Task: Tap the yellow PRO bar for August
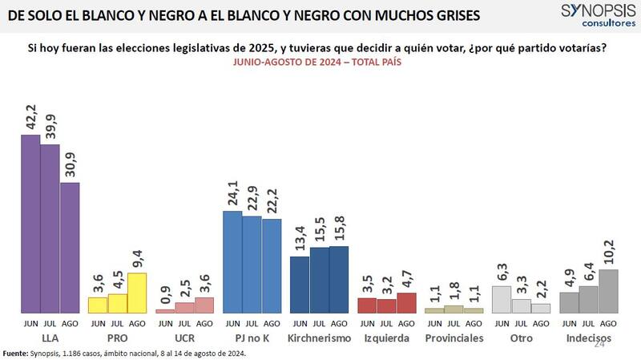pos(137,293)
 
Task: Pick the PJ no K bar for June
pos(232,261)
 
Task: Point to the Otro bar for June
pos(502,299)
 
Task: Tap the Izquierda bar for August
pos(406,302)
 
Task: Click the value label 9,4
pos(138,257)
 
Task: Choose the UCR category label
pos(184,338)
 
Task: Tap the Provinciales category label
pos(454,338)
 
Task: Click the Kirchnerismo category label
pos(319,338)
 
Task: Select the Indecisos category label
pos(588,338)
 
